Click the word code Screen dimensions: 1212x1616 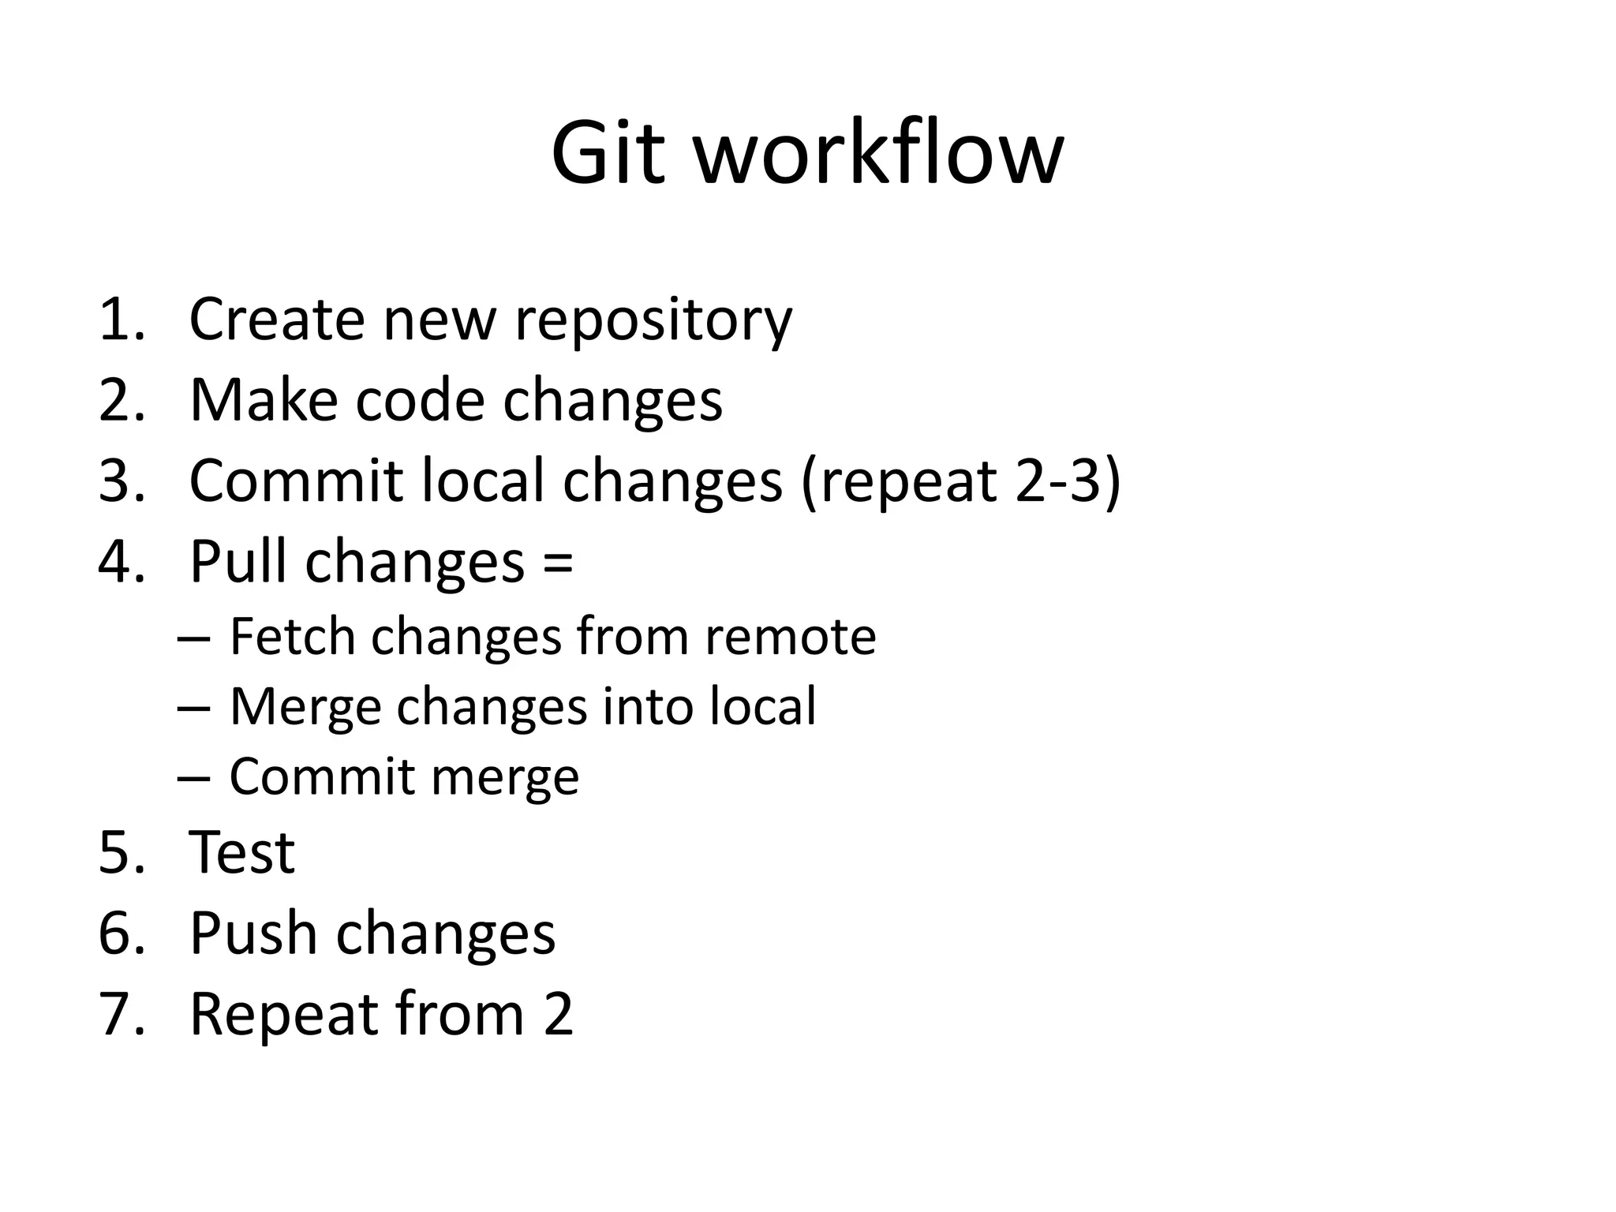[x=419, y=400]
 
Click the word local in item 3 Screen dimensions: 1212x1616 [x=483, y=481]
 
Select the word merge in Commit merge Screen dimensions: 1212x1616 [x=505, y=778]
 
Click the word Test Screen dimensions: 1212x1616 [x=242, y=853]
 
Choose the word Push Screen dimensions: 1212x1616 [x=252, y=933]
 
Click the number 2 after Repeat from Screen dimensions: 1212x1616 [x=557, y=1015]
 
